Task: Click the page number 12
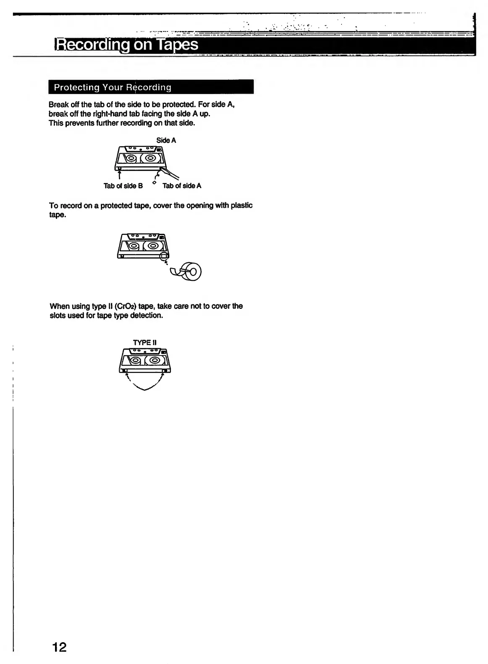59,647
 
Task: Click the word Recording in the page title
92,44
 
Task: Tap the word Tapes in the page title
177,44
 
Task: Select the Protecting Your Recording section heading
113,87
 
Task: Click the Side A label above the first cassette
166,140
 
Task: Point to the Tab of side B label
123,186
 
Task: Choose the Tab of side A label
182,186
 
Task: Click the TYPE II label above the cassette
144,342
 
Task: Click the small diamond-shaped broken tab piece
155,183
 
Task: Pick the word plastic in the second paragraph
241,205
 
